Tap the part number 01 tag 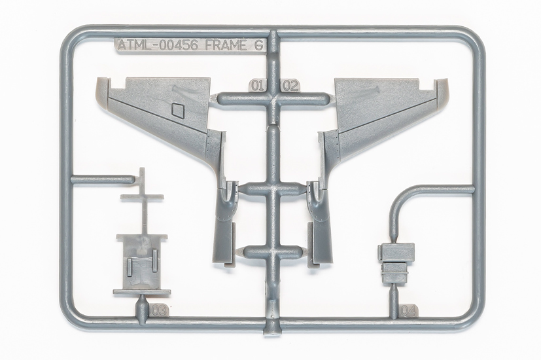coord(257,85)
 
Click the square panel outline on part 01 coord(177,109)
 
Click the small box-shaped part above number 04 coord(397,252)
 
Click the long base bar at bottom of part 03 coord(141,292)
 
